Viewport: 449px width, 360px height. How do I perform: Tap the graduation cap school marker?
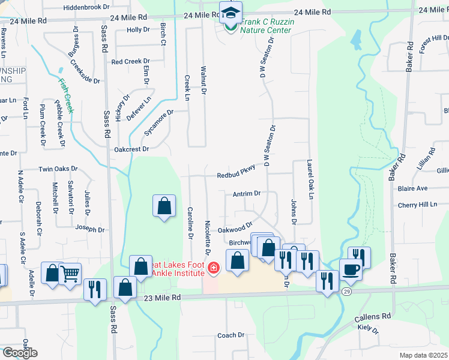point(229,12)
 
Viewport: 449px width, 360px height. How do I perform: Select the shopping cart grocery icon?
point(70,274)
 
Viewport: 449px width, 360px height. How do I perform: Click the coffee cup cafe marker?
point(350,269)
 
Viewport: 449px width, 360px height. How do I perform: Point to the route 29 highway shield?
point(346,291)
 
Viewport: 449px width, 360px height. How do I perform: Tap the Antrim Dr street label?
point(247,194)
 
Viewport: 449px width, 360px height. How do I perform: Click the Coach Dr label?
point(231,335)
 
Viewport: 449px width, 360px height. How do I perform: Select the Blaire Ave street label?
point(413,188)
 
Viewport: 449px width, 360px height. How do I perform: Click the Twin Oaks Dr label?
point(58,170)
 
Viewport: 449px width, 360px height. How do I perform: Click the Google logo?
point(19,353)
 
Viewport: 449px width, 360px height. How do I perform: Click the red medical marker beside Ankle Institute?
point(212,268)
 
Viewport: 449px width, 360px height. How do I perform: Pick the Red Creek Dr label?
point(130,61)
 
